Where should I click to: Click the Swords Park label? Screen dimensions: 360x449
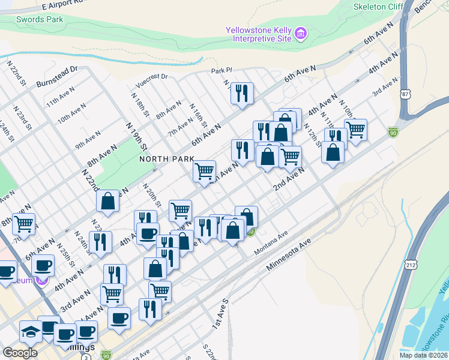pyautogui.click(x=39, y=19)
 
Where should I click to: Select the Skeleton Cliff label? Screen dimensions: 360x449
pyautogui.click(x=378, y=7)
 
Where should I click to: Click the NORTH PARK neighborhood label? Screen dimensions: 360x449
pyautogui.click(x=167, y=159)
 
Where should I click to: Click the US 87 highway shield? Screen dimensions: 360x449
pyautogui.click(x=406, y=94)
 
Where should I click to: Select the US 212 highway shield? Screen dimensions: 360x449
pyautogui.click(x=411, y=264)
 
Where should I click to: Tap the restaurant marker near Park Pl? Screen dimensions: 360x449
pyautogui.click(x=242, y=93)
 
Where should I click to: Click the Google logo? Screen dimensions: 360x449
pyautogui.click(x=20, y=353)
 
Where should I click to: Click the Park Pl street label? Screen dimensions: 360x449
pyautogui.click(x=221, y=71)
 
